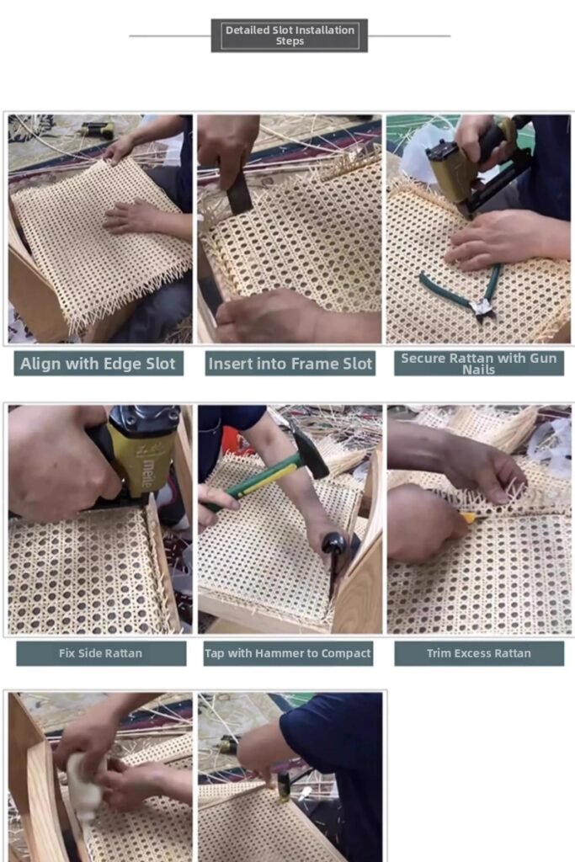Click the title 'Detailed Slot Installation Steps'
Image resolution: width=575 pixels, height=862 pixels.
coord(289,35)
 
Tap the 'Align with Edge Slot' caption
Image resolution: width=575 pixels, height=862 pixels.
coord(98,364)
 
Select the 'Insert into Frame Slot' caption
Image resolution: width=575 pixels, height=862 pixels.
coord(290,364)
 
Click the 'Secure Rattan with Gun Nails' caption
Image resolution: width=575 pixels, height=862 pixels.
coord(478,363)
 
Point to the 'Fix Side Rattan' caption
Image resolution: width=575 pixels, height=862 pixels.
coord(100,653)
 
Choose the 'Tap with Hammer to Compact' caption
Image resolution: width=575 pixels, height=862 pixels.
coord(288,653)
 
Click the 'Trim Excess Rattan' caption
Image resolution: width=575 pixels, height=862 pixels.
coord(478,653)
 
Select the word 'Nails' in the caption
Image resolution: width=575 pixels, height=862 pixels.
coord(478,370)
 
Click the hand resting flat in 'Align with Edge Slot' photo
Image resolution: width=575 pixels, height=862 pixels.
coord(135,217)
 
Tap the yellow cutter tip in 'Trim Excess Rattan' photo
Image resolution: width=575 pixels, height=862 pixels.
coord(466,518)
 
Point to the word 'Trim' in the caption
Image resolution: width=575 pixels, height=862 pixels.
coord(440,653)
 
